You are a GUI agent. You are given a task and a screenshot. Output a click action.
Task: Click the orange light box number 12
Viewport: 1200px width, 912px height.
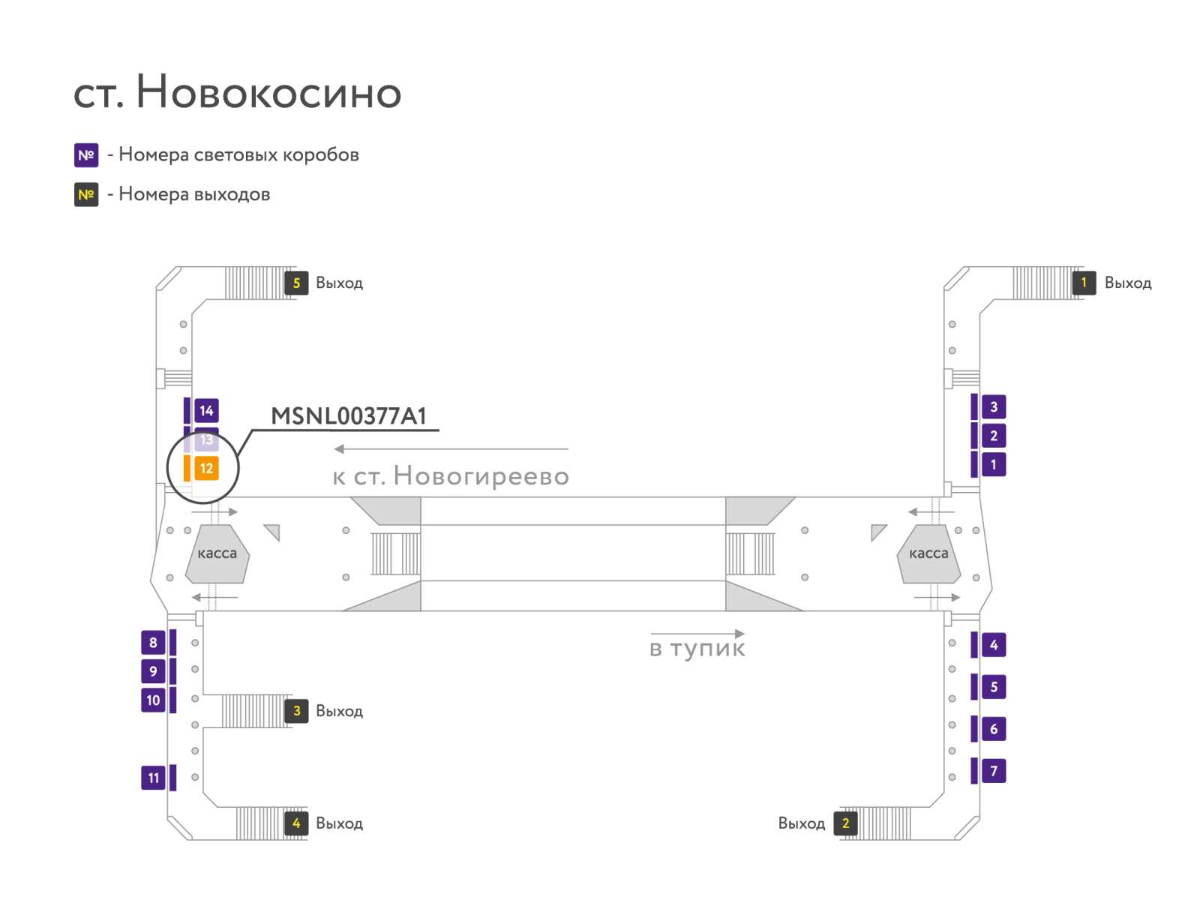tap(206, 468)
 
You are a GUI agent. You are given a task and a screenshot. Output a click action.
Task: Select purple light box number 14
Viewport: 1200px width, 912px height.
tap(206, 410)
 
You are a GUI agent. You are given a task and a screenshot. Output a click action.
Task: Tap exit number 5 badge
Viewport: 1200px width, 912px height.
tap(295, 283)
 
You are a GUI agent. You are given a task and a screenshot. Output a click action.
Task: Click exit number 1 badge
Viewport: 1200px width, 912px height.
tap(1084, 283)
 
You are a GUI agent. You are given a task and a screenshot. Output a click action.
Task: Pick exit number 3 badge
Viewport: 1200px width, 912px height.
tap(296, 711)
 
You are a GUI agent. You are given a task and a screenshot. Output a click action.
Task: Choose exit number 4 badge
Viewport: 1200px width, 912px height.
tap(296, 823)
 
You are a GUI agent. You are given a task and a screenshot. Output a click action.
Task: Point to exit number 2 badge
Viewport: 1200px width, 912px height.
tap(845, 823)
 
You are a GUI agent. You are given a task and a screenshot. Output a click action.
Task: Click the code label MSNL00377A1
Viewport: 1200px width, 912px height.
tap(348, 415)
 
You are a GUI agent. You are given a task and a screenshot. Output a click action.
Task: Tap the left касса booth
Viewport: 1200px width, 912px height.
tap(217, 554)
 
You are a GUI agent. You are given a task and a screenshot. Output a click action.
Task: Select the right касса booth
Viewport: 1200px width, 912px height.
tap(928, 554)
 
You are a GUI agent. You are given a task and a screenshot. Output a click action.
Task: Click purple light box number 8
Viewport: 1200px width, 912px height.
tap(153, 643)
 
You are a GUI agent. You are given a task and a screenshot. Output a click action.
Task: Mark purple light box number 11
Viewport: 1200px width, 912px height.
tap(153, 778)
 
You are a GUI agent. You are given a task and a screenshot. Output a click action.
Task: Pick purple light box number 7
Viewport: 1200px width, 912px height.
tap(994, 771)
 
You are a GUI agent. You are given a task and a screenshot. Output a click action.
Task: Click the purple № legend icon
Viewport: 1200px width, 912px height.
tap(86, 155)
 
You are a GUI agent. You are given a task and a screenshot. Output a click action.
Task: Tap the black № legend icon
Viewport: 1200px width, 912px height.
tap(86, 194)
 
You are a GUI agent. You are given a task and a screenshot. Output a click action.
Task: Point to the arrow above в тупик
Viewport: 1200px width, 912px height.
tap(697, 634)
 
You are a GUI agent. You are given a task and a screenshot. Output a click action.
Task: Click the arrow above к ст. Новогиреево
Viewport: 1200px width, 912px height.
tap(451, 449)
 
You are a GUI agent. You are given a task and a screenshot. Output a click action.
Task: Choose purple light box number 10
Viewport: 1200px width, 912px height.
tap(153, 700)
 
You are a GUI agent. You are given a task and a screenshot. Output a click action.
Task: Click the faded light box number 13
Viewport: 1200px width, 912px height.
tap(206, 439)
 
